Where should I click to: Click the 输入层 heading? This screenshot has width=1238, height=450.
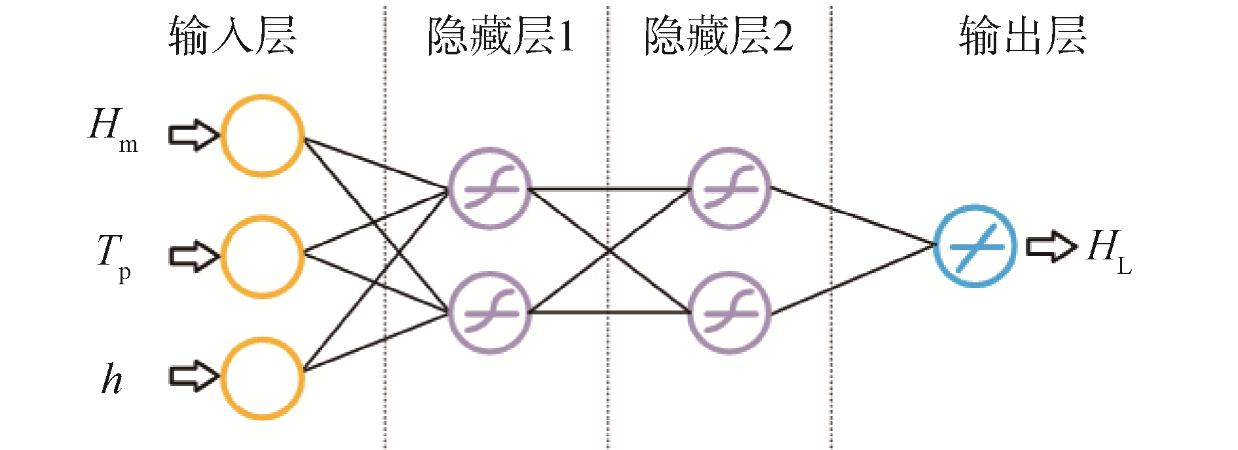[x=233, y=35]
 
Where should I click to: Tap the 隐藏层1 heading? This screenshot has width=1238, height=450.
[x=501, y=35]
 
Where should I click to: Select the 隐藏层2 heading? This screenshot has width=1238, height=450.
[x=719, y=35]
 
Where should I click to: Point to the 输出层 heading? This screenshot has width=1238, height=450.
[x=1022, y=35]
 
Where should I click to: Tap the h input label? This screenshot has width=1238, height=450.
[x=111, y=379]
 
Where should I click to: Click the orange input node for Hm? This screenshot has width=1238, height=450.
[x=263, y=136]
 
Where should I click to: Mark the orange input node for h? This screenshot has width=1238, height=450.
[x=263, y=378]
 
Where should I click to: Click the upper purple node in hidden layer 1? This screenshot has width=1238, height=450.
[x=489, y=188]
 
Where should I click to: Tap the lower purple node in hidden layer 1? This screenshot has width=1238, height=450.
[x=489, y=312]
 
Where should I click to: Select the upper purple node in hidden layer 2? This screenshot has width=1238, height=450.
[x=729, y=188]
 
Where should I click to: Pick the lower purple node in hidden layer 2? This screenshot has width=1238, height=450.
[x=729, y=312]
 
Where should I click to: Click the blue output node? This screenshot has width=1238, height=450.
[x=975, y=246]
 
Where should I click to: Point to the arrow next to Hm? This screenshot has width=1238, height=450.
[x=194, y=135]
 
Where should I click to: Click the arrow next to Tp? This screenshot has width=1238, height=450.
[x=194, y=256]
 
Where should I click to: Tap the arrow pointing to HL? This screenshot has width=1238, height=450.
[x=1051, y=247]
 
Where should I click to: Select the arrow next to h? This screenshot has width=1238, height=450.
[x=194, y=377]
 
